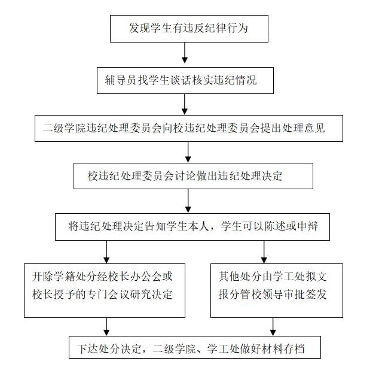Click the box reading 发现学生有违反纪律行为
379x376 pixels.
coord(189,29)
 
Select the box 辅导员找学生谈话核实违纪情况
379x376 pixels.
coord(185,80)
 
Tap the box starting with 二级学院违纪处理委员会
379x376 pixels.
coord(189,128)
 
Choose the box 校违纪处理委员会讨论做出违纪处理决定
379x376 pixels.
coord(193,176)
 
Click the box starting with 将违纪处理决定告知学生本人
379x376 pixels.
coord(192,227)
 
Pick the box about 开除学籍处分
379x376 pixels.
coord(105,290)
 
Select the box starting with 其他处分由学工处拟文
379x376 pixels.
coord(277,290)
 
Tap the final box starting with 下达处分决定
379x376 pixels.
coord(195,347)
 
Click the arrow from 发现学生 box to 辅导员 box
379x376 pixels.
coord(185,53)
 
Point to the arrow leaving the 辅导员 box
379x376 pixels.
coord(185,104)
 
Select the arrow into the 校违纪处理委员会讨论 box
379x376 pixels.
coord(188,152)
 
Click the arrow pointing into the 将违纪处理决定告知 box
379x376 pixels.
coord(188,201)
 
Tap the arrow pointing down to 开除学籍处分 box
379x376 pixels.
coord(106,252)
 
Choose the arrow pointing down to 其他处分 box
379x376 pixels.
coord(264,252)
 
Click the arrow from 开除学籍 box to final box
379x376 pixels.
coord(106,327)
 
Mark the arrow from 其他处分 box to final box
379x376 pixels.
coord(273,327)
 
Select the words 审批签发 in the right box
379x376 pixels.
coord(305,295)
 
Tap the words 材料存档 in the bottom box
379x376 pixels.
coord(283,349)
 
